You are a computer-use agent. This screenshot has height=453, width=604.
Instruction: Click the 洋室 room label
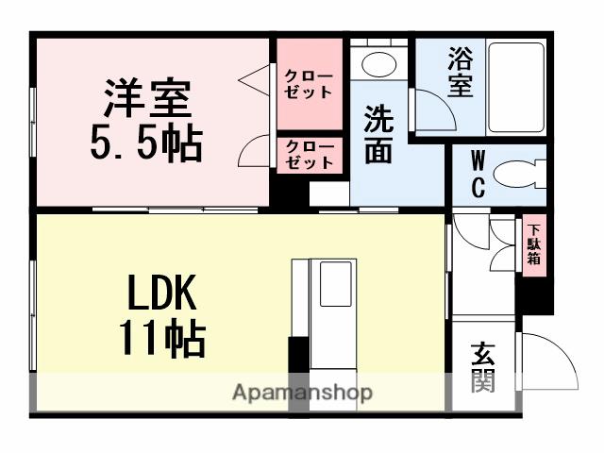tap(147, 99)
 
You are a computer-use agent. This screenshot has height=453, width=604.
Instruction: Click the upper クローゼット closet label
tap(309, 83)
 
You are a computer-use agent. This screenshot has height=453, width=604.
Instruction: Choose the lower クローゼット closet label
tap(309, 155)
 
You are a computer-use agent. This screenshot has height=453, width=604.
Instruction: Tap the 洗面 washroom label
tap(378, 135)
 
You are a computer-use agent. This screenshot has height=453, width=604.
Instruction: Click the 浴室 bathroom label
tap(460, 71)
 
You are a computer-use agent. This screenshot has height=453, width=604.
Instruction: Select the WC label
tap(478, 174)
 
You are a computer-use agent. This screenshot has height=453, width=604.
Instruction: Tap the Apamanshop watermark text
tap(303, 393)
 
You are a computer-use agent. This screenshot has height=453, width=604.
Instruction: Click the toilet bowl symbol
tap(520, 175)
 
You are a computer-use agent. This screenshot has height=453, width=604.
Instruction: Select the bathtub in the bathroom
tap(514, 86)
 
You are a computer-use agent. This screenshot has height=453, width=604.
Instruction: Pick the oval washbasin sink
tap(379, 64)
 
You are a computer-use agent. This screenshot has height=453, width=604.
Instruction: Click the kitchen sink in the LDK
tap(335, 284)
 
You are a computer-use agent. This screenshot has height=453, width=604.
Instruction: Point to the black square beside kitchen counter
tap(299, 354)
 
